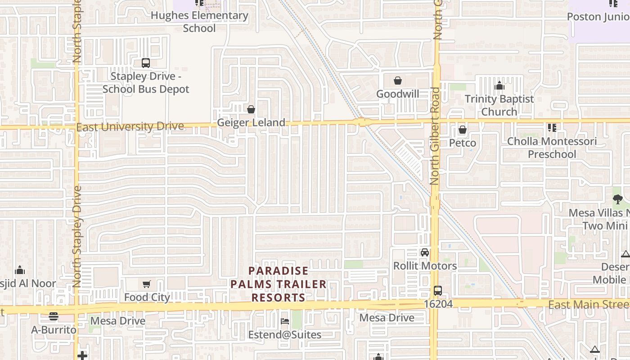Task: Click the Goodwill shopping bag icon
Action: [x=398, y=81]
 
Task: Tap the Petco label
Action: [x=462, y=143]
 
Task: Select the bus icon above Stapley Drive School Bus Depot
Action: [x=145, y=63]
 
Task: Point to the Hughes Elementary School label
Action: [x=199, y=22]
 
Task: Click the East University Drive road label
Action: [x=130, y=127]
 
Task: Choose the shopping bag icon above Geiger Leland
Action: [x=251, y=109]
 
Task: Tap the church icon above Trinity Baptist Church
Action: [x=499, y=86]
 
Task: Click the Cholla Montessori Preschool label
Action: [x=552, y=148]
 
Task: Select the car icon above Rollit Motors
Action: [x=424, y=252]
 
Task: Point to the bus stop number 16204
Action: [x=438, y=305]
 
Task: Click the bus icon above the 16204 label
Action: [x=438, y=291]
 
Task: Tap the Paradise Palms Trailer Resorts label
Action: [x=279, y=284]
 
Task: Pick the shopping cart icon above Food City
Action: [x=147, y=284]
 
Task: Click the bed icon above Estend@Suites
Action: [x=285, y=321]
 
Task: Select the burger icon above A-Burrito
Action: [x=54, y=316]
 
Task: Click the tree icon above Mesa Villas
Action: [x=617, y=199]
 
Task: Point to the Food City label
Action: [x=147, y=297]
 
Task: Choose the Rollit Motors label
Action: [x=425, y=266]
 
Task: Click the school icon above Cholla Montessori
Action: [x=552, y=128]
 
